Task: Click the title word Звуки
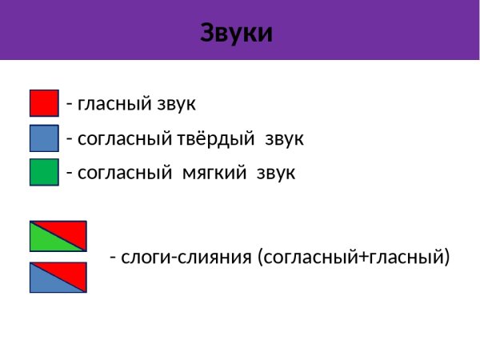tap(236, 34)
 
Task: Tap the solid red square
tap(44, 103)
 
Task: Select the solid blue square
tap(44, 138)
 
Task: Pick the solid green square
tap(44, 172)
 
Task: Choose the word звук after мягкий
tap(276, 173)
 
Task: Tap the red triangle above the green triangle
tap(70, 230)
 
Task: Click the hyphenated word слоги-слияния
tap(186, 258)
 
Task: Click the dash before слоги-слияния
tap(114, 258)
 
